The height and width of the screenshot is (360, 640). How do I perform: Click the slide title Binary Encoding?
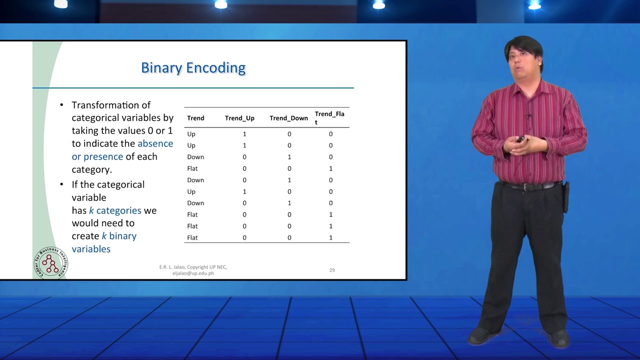[x=193, y=68]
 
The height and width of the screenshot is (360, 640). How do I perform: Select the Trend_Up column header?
[x=239, y=118]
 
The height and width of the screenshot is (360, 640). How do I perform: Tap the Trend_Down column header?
[x=288, y=118]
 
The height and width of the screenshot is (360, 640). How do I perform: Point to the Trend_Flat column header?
[x=329, y=117]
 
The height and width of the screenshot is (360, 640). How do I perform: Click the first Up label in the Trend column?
[x=191, y=134]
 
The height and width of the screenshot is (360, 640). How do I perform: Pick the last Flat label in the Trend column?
[x=192, y=237]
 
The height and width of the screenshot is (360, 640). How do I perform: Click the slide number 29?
[x=331, y=270]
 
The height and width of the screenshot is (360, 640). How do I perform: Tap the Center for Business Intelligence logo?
[x=51, y=263]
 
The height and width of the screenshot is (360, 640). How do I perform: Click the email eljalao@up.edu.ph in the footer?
[x=193, y=273]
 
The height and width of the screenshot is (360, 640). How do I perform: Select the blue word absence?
[x=155, y=143]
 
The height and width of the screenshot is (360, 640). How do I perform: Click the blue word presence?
[x=103, y=157]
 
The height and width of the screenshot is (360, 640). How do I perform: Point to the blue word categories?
[x=118, y=210]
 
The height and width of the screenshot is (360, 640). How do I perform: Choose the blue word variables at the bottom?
[x=91, y=249]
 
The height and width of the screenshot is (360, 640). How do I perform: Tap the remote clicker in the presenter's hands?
[x=520, y=139]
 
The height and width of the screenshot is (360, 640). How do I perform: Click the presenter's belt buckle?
[x=525, y=186]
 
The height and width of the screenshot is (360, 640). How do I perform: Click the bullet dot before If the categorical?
[x=61, y=184]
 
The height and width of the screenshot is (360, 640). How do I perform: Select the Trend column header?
[x=195, y=118]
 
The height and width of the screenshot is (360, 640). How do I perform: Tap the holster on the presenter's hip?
[x=566, y=196]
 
